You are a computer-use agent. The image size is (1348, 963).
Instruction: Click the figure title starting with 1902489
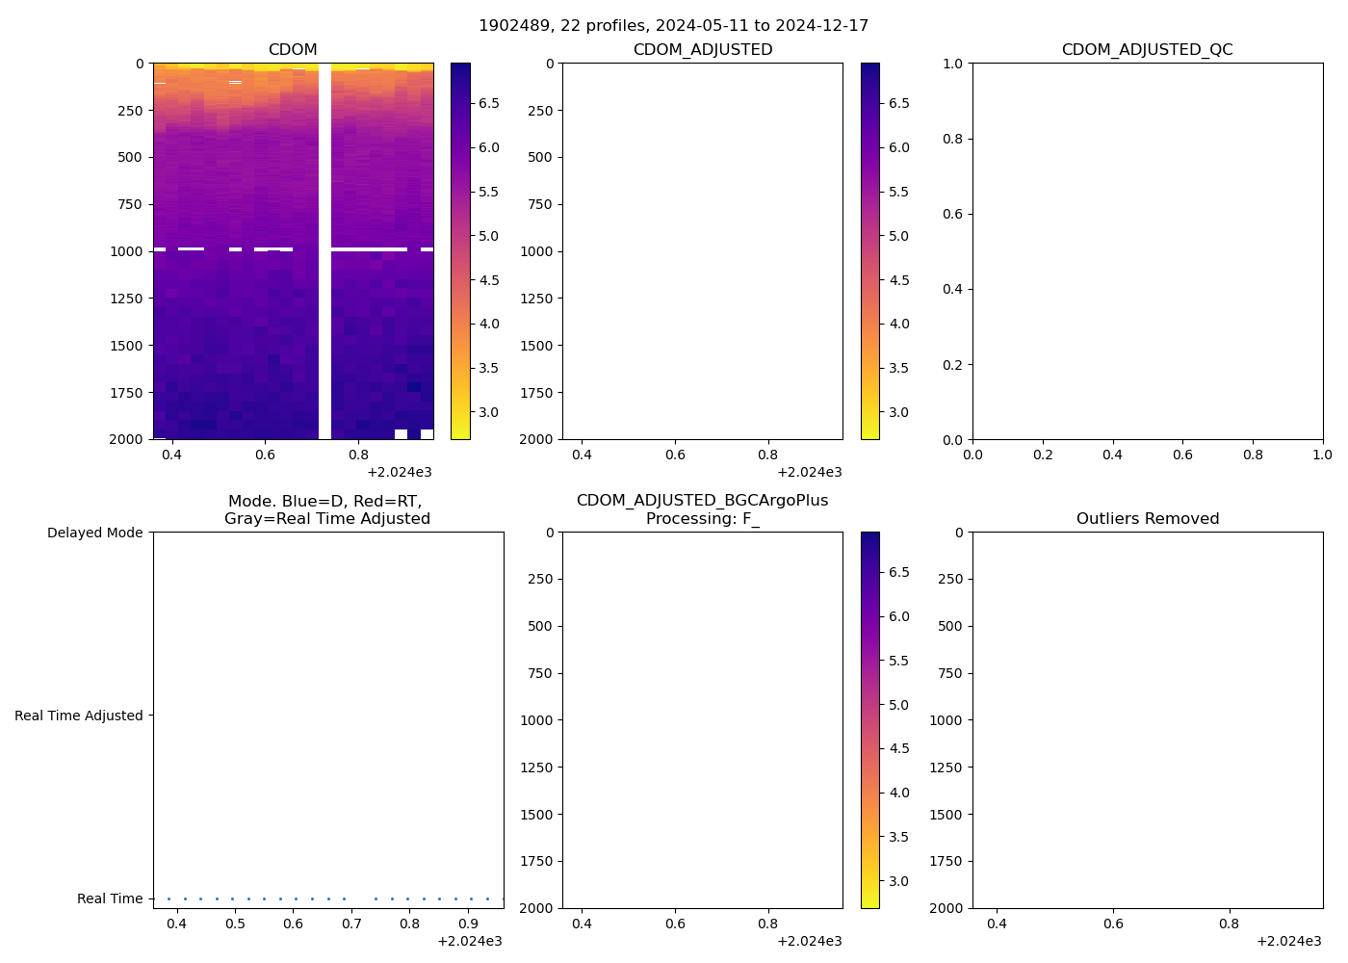(x=673, y=25)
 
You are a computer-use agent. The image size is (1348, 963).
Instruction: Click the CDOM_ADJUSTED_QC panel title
(x=1147, y=50)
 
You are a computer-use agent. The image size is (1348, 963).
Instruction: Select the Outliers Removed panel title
(x=1147, y=519)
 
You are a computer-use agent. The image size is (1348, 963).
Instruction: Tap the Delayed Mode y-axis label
(x=94, y=533)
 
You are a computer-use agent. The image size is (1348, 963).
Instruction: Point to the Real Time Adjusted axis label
(x=78, y=716)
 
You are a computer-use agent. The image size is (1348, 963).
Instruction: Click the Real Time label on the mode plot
(x=110, y=898)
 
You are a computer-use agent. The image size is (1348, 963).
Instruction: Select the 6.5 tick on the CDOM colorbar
(x=489, y=103)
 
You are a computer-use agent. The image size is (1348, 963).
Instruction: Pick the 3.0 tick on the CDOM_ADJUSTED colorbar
(x=898, y=412)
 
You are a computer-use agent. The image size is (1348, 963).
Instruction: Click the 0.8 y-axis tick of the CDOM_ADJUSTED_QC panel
(x=950, y=139)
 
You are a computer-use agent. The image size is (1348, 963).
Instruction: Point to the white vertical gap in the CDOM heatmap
(x=324, y=250)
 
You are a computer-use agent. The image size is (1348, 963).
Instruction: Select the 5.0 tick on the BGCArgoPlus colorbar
(x=898, y=705)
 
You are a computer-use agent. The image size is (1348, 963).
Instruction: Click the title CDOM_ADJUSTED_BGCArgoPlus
(x=702, y=501)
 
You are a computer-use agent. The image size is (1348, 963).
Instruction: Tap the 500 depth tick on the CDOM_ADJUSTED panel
(x=540, y=157)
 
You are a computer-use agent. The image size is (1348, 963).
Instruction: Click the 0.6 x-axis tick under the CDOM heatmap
(x=265, y=455)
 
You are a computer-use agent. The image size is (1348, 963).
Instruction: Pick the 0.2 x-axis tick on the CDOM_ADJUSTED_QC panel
(x=1043, y=455)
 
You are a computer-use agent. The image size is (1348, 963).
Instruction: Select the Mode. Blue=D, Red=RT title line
(x=325, y=502)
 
